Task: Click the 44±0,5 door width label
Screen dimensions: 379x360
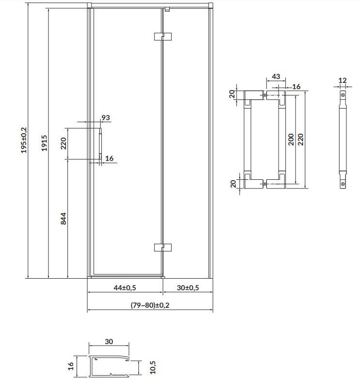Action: [125, 287]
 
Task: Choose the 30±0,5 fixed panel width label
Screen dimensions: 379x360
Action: [188, 287]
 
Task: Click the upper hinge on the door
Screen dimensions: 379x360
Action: [163, 37]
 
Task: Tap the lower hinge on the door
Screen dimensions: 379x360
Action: [163, 247]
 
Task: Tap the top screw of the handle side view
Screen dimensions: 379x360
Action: [343, 95]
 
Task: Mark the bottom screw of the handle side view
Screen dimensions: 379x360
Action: [343, 184]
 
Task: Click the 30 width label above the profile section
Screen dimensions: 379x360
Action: [109, 342]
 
